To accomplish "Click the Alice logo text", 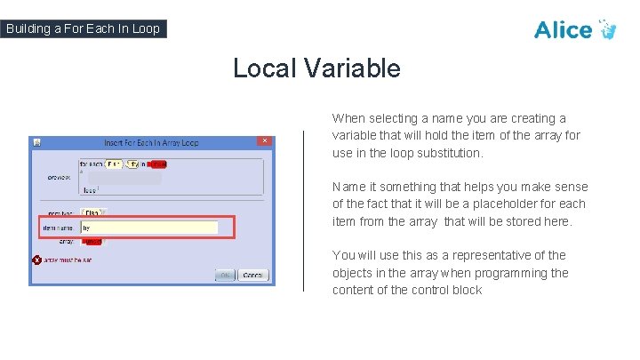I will [563, 29].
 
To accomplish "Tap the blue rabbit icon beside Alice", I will [608, 28].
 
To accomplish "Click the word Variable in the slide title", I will [355, 68].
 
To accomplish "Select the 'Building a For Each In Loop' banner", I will [83, 28].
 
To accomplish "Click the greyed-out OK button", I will [226, 275].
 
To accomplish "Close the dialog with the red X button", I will [264, 140].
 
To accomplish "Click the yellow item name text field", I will [148, 228].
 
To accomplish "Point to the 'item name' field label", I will [58, 228].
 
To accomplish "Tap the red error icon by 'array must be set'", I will [37, 260].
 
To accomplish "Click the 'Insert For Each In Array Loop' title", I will [151, 141].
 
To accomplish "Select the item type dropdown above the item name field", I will [92, 212].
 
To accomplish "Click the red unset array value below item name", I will [92, 242].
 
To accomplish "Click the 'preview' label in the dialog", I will [59, 177].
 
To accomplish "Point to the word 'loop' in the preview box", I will [89, 189].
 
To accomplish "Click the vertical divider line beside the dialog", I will [304, 210].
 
